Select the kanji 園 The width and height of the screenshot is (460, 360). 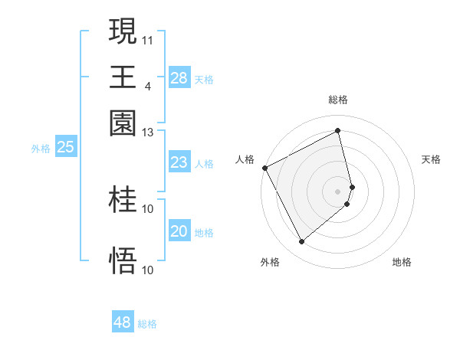pyautogui.click(x=123, y=123)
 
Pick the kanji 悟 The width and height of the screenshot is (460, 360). pyautogui.click(x=123, y=260)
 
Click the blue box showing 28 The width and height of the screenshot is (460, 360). pyautogui.click(x=179, y=78)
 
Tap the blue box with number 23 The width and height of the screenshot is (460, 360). pyautogui.click(x=179, y=162)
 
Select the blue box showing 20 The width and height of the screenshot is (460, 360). pyautogui.click(x=179, y=231)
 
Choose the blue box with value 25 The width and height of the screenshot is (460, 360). pyautogui.click(x=65, y=147)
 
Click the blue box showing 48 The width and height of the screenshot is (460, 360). pyautogui.click(x=123, y=322)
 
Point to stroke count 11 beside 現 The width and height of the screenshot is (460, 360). pyautogui.click(x=148, y=38)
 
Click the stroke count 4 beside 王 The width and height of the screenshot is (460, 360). pyautogui.click(x=148, y=85)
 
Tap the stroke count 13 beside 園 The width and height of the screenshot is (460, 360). pyautogui.click(x=148, y=133)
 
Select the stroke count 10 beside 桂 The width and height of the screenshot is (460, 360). pyautogui.click(x=148, y=208)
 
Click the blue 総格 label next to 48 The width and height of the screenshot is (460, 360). pyautogui.click(x=147, y=324)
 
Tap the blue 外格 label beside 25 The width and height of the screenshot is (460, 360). pyautogui.click(x=41, y=149)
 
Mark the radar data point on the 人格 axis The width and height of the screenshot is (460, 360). pyautogui.click(x=264, y=168)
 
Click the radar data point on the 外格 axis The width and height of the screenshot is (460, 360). pyautogui.click(x=301, y=242)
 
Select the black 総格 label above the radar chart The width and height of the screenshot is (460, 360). pyautogui.click(x=338, y=100)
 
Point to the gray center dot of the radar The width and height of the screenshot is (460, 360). pyautogui.click(x=338, y=191)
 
